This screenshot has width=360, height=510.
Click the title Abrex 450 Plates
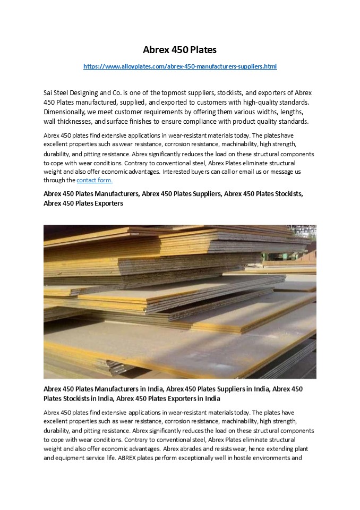pos(180,50)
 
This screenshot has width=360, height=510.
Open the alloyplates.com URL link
pos(180,66)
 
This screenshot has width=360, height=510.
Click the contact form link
pos(95,180)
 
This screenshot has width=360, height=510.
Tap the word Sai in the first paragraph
pos(49,92)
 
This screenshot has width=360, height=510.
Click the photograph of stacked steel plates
pos(180,301)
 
